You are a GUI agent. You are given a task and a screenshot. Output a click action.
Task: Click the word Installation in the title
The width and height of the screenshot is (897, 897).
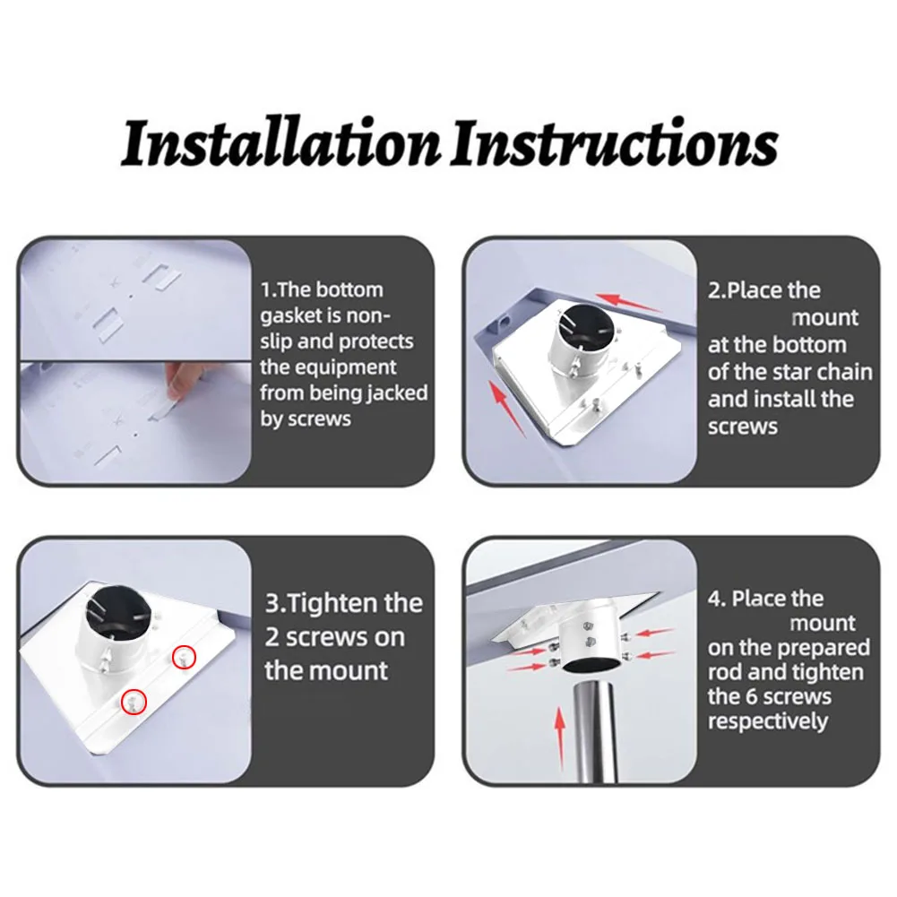pyautogui.click(x=280, y=143)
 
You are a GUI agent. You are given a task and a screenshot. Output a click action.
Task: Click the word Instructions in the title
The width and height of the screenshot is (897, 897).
pyautogui.click(x=615, y=143)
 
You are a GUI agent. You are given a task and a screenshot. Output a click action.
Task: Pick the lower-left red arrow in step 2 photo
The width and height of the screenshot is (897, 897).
pyautogui.click(x=507, y=409)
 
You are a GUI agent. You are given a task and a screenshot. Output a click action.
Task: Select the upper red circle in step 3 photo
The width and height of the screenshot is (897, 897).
pyautogui.click(x=185, y=658)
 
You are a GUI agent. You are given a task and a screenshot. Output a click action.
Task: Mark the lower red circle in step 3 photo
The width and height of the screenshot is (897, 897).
pyautogui.click(x=134, y=702)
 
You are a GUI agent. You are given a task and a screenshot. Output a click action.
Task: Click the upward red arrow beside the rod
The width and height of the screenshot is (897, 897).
pyautogui.click(x=560, y=738)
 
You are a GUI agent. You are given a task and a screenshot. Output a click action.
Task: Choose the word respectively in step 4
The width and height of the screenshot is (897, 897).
pyautogui.click(x=768, y=722)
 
